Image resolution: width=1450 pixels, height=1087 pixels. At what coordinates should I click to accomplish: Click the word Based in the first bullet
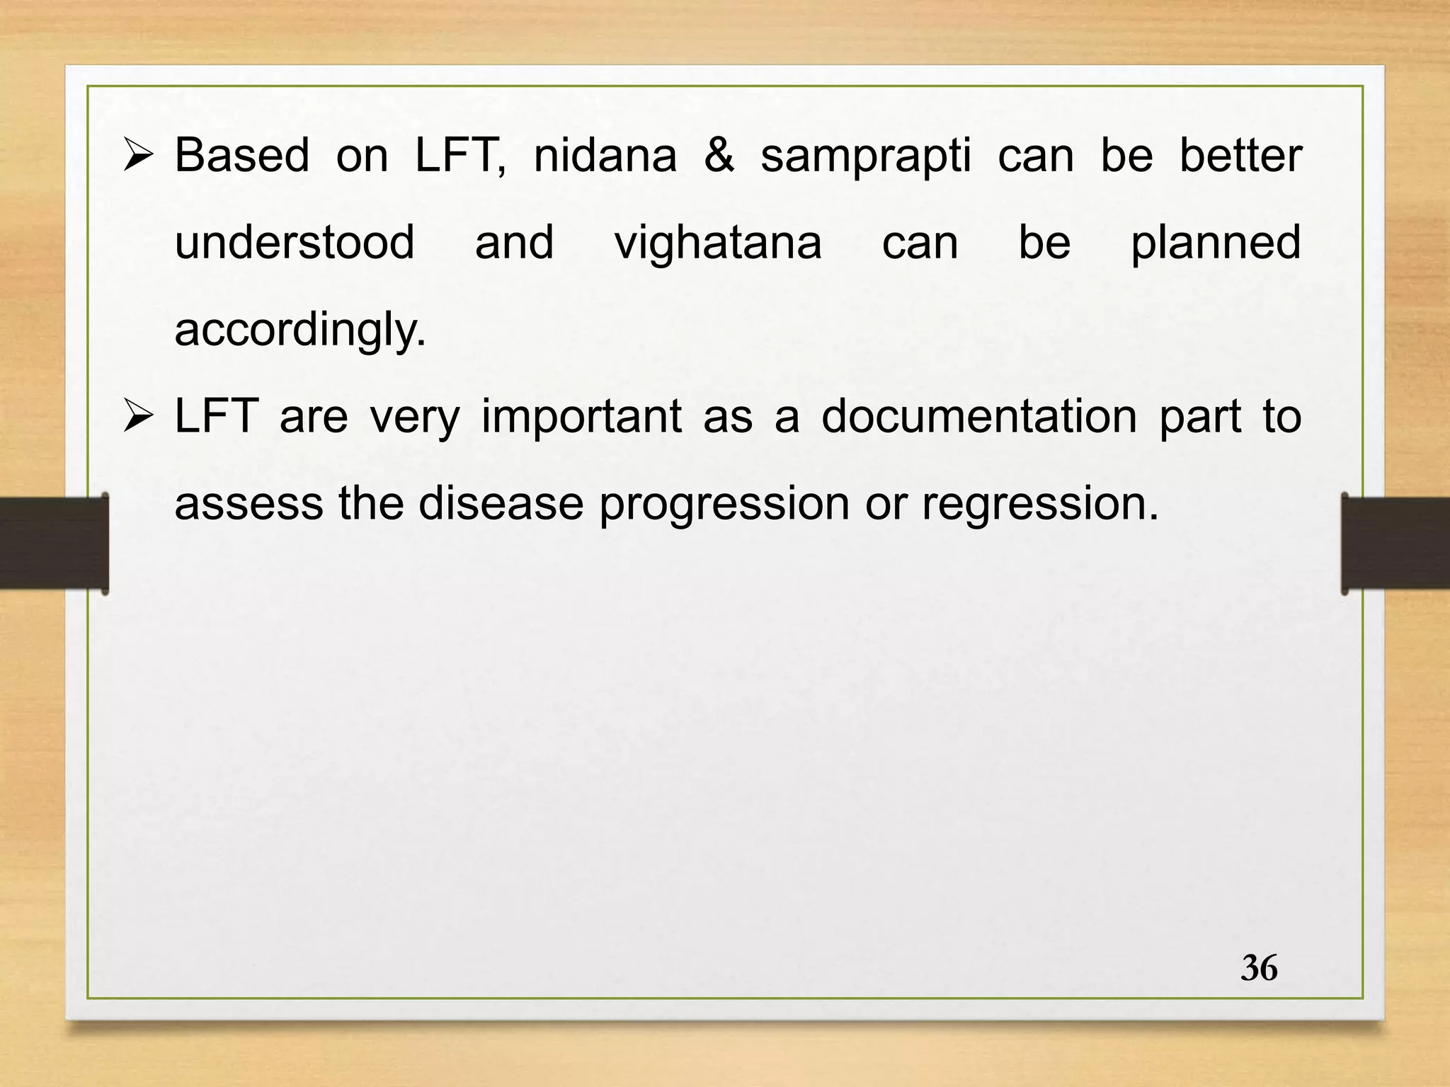[241, 155]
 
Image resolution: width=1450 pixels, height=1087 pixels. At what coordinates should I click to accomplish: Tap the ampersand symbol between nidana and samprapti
[719, 155]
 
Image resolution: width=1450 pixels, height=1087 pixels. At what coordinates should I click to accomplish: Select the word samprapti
[865, 156]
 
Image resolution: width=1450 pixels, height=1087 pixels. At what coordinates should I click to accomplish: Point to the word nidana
[605, 155]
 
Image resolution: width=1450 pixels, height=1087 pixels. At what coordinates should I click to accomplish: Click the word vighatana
[717, 243]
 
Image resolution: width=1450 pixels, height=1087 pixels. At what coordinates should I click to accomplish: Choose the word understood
[295, 242]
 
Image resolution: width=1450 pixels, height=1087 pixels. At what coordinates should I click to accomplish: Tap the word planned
[1216, 243]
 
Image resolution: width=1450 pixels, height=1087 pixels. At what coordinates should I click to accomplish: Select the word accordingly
[300, 330]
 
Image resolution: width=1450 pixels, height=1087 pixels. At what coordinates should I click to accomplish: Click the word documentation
[978, 416]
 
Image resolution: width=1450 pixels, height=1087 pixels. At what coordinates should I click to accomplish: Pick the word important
[581, 418]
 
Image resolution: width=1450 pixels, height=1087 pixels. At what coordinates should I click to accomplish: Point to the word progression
[724, 505]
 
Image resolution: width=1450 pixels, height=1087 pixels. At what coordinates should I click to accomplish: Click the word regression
[1040, 505]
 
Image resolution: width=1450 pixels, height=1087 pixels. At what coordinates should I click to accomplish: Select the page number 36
[1259, 968]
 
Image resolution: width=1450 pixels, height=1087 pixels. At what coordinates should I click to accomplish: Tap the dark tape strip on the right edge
[1395, 543]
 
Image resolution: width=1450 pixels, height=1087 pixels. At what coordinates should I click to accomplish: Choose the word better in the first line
[1240, 155]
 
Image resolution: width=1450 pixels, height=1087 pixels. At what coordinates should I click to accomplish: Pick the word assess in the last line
[249, 503]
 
